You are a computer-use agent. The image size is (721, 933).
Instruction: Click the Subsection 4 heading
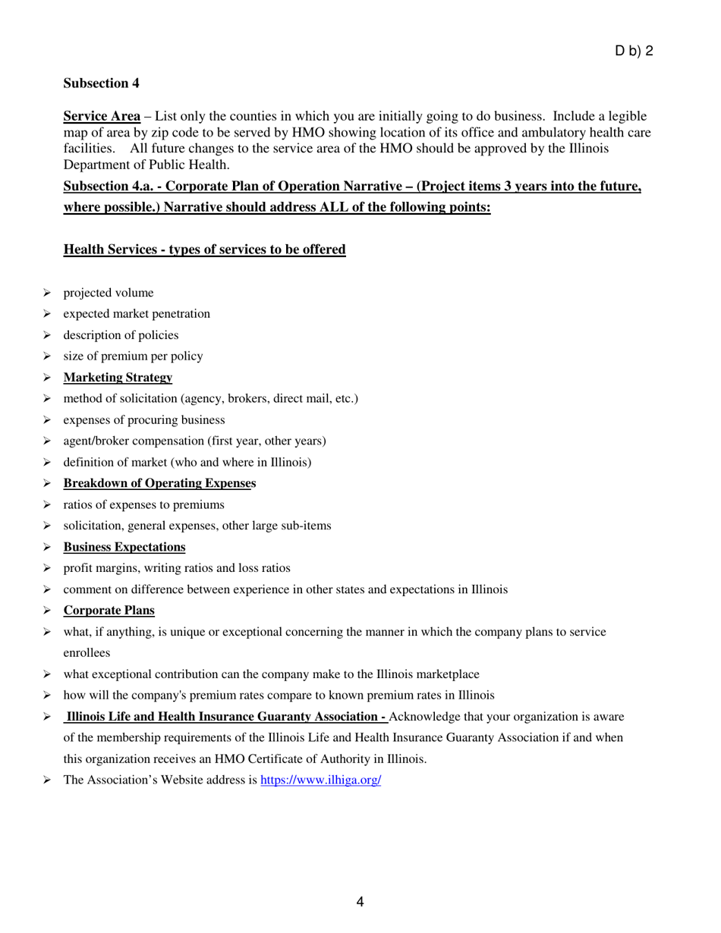point(101,82)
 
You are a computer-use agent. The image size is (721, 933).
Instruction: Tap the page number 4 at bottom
point(360,902)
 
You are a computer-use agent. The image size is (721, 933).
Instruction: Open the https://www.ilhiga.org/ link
point(320,780)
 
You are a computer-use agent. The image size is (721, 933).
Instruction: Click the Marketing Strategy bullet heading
point(118,377)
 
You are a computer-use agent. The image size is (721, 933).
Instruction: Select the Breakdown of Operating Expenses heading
point(159,483)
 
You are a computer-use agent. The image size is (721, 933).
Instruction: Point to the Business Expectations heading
point(124,547)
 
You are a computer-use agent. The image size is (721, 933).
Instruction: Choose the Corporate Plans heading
point(109,610)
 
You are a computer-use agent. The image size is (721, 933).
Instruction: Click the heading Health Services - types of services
point(204,250)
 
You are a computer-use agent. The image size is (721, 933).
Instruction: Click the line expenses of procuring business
point(143,419)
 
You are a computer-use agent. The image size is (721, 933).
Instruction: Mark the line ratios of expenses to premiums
point(143,504)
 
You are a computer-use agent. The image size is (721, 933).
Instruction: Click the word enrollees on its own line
point(87,652)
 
